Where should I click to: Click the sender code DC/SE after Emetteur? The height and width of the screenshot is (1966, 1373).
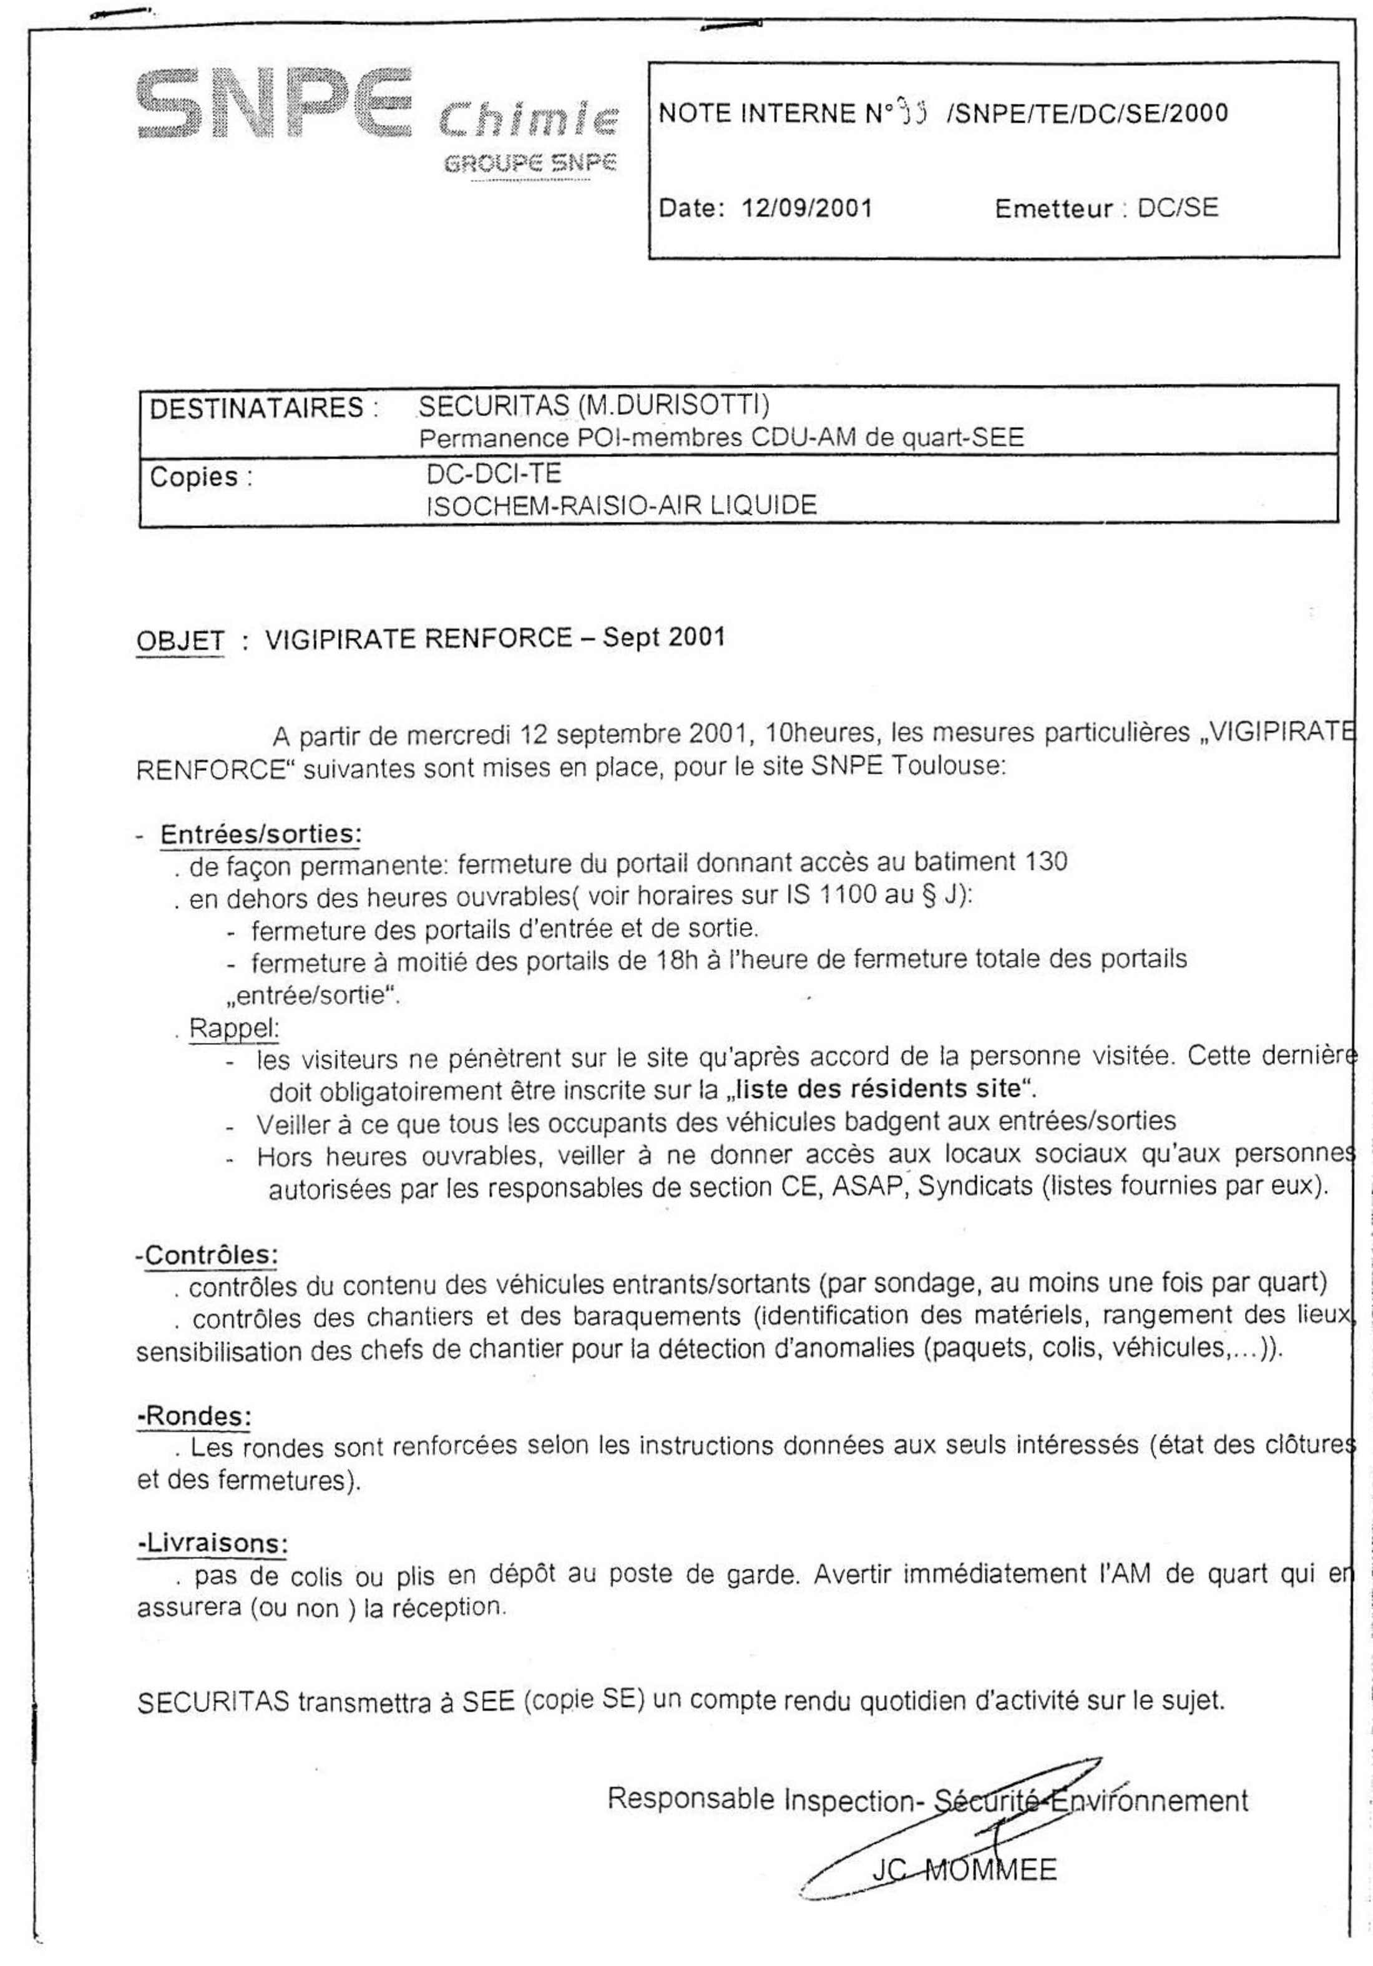1177,208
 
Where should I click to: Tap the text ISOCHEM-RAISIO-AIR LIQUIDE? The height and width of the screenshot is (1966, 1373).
621,505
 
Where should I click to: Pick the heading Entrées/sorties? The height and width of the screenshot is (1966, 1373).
260,834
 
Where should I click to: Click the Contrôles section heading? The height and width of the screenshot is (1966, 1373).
210,1256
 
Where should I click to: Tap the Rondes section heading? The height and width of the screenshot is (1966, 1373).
196,1415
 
